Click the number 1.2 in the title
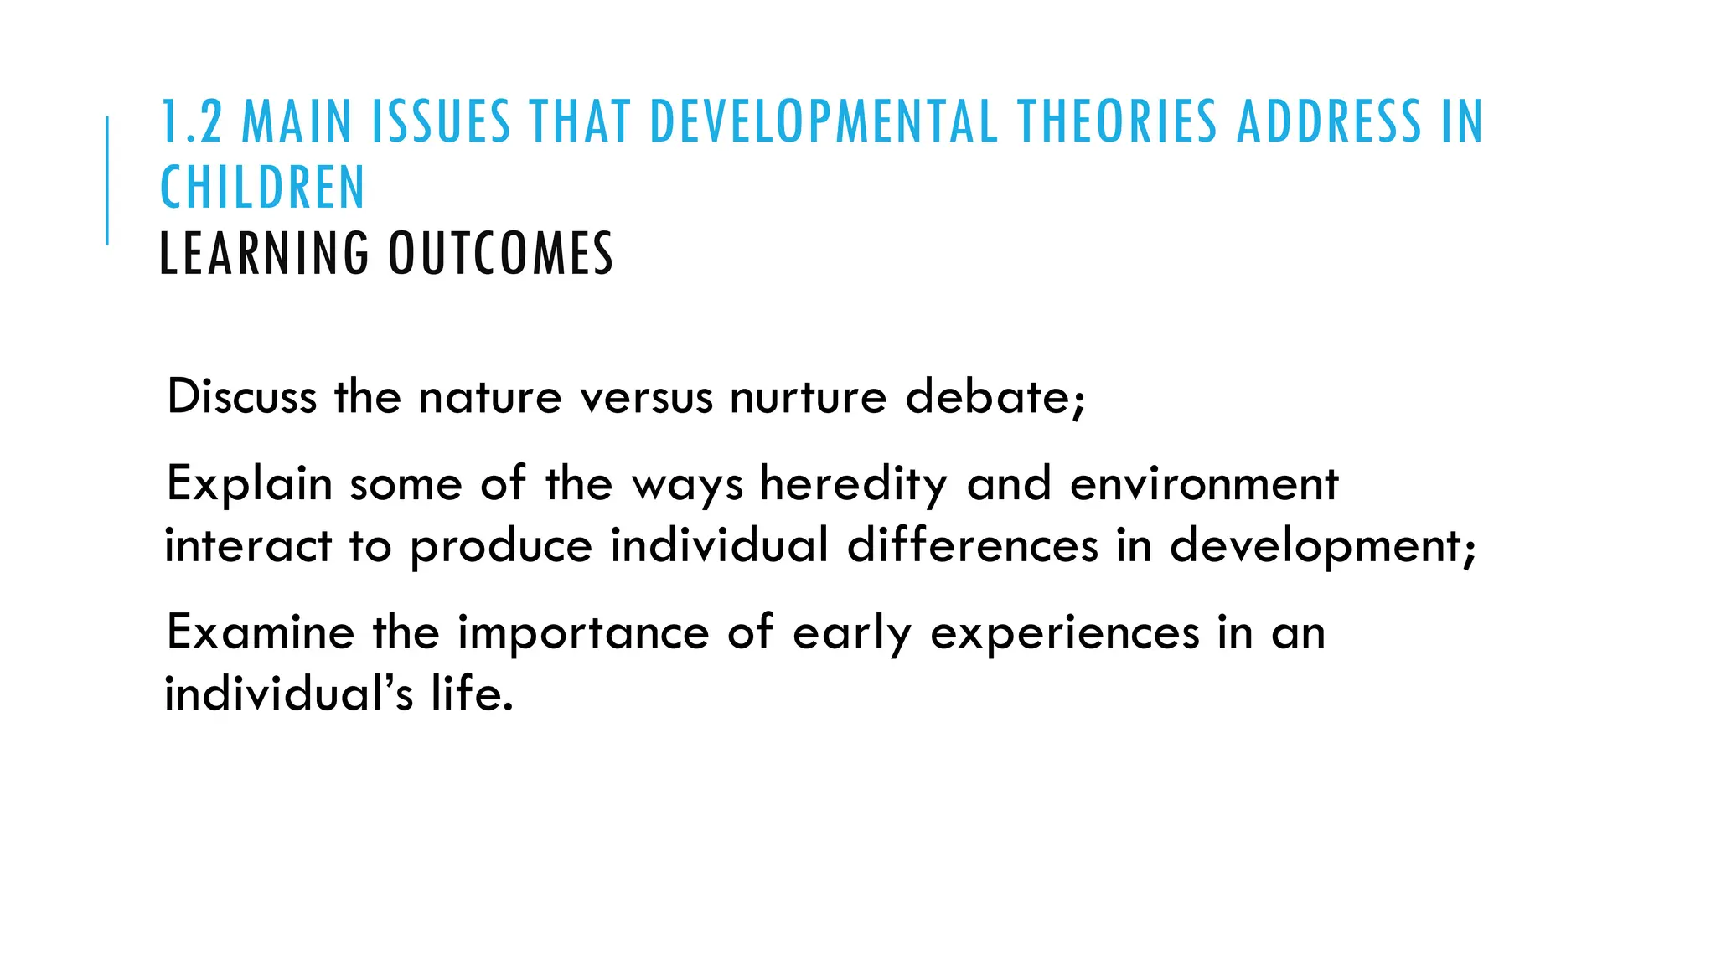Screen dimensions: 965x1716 [x=191, y=122]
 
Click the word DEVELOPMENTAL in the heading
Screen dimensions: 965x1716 [x=823, y=122]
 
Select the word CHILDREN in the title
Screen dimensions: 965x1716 [x=262, y=188]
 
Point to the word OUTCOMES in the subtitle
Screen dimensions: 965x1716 [x=500, y=254]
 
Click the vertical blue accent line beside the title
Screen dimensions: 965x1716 [x=107, y=181]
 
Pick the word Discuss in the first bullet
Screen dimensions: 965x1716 [x=241, y=396]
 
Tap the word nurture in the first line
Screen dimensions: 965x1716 [x=808, y=396]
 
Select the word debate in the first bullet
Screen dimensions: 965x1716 [x=989, y=396]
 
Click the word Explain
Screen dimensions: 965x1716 [x=249, y=484]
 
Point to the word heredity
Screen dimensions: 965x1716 [x=853, y=484]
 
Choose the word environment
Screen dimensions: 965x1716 [x=1204, y=484]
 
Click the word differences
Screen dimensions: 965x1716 [x=972, y=546]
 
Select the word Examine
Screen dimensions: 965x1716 [x=261, y=632]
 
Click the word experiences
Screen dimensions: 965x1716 [x=1065, y=632]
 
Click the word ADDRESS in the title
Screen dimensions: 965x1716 [x=1329, y=122]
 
